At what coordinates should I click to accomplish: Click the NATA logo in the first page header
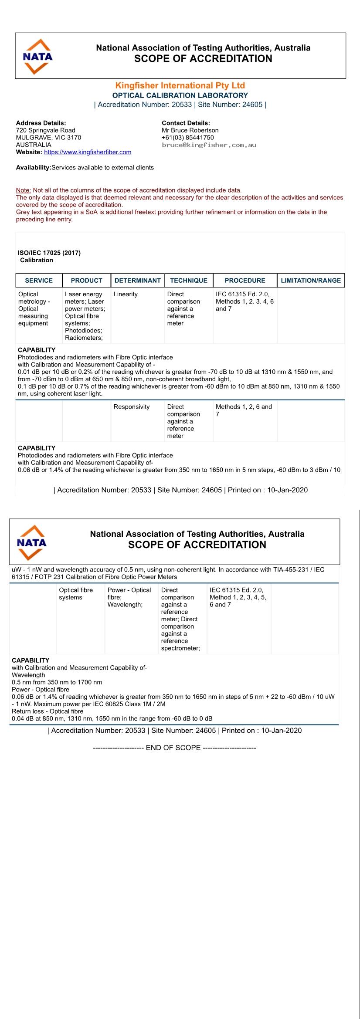tap(37, 57)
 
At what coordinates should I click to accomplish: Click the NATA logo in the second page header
tap(31, 543)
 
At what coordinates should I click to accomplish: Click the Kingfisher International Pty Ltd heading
tap(180, 85)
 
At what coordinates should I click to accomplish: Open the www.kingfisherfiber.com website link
tap(88, 152)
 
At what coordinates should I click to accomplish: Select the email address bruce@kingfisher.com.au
tap(209, 145)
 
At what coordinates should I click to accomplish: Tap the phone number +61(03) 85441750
tap(187, 138)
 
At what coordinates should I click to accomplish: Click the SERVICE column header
tap(39, 281)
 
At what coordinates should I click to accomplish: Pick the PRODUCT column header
tap(86, 281)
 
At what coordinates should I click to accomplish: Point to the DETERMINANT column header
tap(138, 281)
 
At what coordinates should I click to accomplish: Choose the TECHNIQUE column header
tap(189, 281)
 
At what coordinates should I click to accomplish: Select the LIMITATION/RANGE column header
tap(311, 281)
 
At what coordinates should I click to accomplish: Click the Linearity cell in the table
tap(126, 295)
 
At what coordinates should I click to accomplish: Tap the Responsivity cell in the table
tap(132, 407)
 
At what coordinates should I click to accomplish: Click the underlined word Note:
tap(24, 190)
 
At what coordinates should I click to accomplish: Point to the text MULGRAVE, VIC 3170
tap(48, 138)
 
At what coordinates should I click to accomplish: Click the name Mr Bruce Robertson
tap(190, 130)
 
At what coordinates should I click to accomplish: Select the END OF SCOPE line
tap(174, 748)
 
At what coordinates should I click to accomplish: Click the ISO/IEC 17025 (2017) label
tap(49, 253)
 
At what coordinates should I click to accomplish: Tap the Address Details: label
tap(41, 123)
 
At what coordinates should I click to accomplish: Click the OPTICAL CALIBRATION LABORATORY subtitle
tap(180, 95)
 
